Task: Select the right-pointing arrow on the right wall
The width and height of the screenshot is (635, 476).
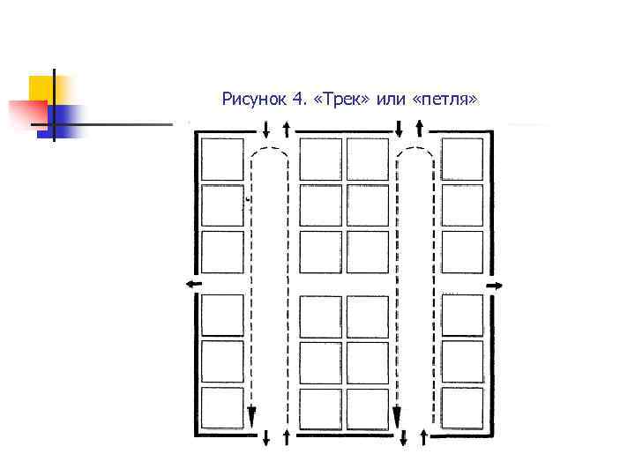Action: (495, 285)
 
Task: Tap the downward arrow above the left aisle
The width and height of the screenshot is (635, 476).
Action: (265, 129)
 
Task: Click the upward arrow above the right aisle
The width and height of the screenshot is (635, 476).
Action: (420, 128)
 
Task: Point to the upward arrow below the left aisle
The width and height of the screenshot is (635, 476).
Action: (288, 437)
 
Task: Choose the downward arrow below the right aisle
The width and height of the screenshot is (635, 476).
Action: (403, 437)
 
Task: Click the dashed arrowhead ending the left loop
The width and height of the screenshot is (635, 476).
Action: (251, 415)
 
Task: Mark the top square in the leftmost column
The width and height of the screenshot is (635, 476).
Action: (221, 160)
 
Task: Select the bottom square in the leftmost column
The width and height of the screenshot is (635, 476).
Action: (221, 408)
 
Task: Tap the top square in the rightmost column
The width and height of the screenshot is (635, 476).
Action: (462, 160)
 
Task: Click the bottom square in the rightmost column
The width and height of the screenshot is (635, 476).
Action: (462, 408)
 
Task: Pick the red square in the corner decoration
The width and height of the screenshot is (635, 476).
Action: (26, 113)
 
